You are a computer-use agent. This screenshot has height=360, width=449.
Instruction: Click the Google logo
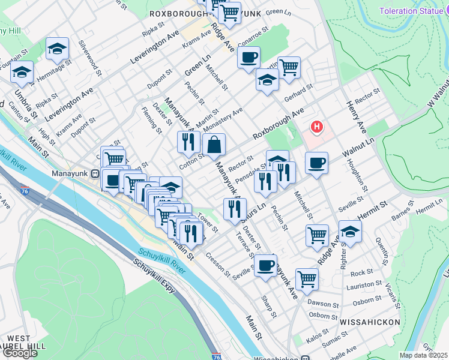20,353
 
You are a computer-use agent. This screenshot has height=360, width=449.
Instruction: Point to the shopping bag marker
214,144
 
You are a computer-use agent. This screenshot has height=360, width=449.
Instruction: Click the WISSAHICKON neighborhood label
369,322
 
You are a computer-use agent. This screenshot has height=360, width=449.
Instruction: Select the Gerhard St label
298,89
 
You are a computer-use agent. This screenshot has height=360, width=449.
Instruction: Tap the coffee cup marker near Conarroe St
249,58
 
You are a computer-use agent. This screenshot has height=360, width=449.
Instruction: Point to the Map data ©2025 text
424,355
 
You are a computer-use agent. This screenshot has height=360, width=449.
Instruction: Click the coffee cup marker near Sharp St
265,265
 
